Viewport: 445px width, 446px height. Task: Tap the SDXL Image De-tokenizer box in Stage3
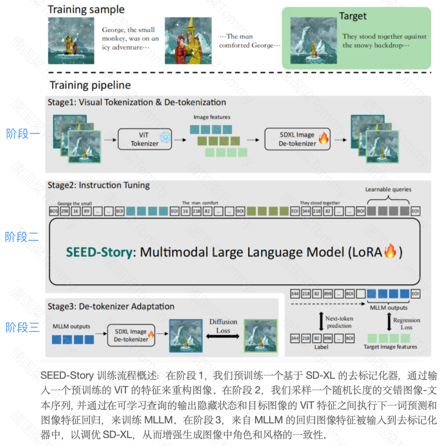(131, 336)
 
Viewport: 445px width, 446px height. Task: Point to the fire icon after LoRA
(390, 251)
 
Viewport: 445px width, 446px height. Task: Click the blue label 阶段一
(23, 134)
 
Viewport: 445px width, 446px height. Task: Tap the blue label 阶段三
(23, 328)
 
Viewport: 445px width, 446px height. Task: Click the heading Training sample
(86, 9)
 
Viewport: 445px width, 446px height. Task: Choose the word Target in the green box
(353, 16)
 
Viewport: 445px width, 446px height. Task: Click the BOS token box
(53, 211)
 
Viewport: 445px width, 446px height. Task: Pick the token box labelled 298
(65, 211)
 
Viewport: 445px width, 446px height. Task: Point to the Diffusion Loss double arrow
(222, 336)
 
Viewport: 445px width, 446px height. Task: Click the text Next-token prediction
(339, 322)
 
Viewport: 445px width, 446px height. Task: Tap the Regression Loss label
(406, 324)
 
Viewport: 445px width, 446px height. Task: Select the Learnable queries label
(388, 190)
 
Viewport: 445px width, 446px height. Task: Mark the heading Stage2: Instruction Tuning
(99, 185)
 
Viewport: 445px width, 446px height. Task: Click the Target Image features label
(390, 347)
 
